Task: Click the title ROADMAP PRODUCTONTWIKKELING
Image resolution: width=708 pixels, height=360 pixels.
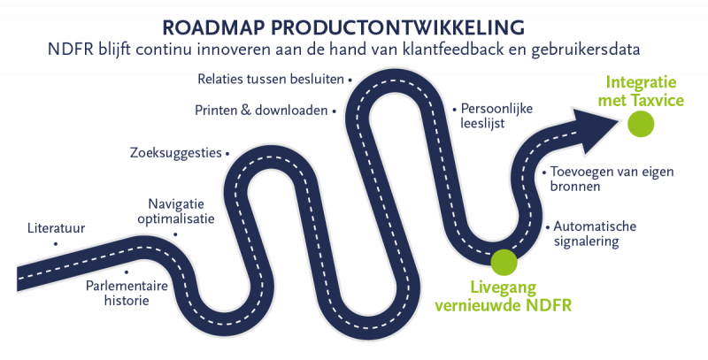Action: coord(353,22)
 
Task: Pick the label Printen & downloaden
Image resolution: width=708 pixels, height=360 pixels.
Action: coord(259,111)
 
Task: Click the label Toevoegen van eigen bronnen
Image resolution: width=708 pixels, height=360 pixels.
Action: coord(590,179)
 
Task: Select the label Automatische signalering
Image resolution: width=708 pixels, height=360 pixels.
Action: coord(593,233)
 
